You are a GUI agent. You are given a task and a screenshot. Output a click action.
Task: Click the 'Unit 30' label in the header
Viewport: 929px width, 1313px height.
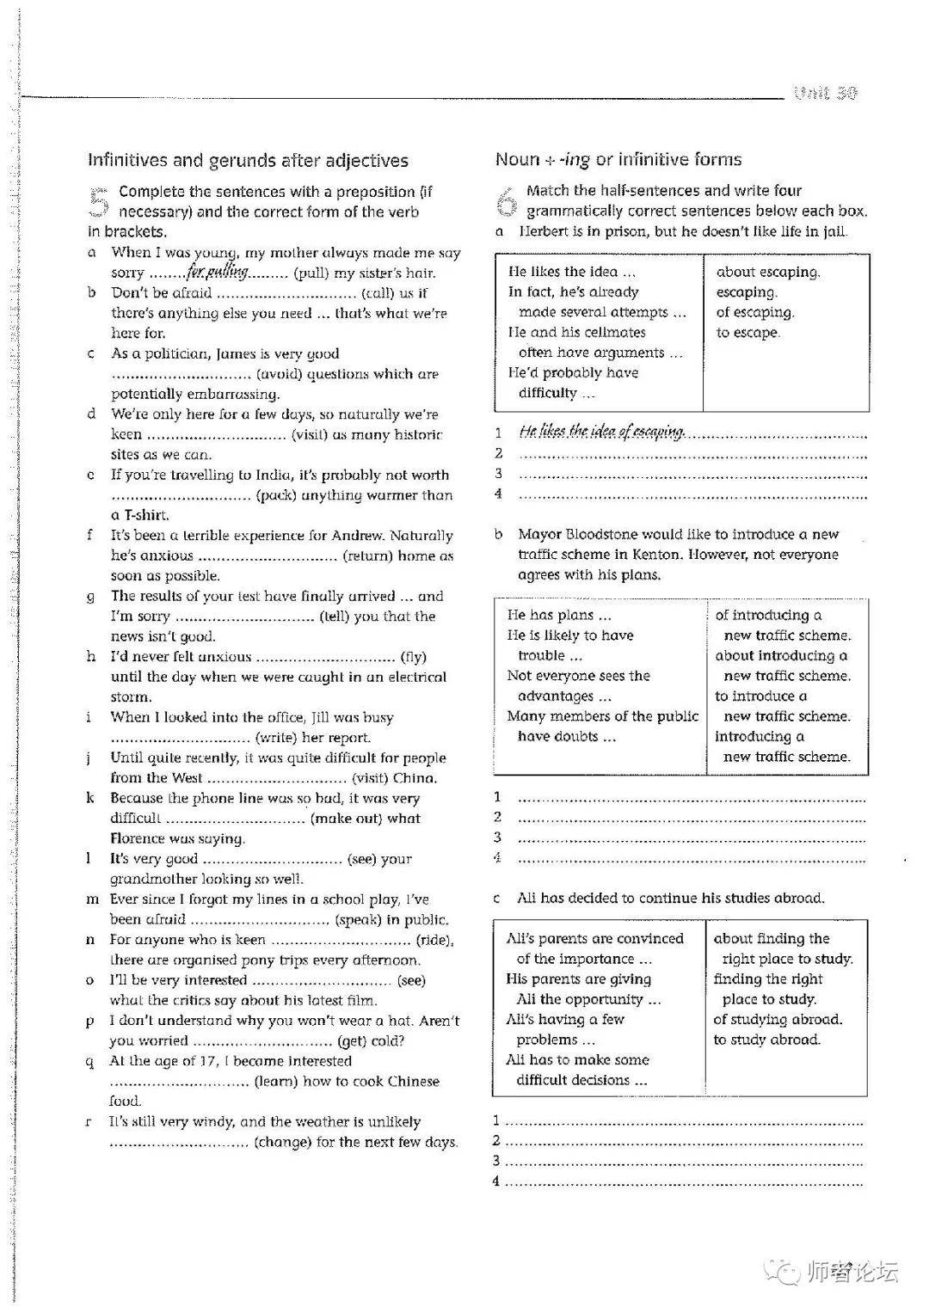[825, 93]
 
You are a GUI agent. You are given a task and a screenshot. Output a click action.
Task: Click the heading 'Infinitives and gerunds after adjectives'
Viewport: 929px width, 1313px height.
[248, 161]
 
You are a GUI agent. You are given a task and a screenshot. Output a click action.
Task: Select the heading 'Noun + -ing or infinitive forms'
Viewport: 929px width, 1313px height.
[618, 159]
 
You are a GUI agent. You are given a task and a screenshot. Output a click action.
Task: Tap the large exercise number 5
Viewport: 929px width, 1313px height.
[99, 202]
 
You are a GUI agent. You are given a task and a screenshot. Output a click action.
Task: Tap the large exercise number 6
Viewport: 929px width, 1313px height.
[507, 201]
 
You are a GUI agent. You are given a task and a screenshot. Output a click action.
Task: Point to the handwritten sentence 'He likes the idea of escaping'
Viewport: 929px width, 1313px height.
[601, 432]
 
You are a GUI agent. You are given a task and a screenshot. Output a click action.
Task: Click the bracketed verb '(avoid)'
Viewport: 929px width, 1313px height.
[278, 374]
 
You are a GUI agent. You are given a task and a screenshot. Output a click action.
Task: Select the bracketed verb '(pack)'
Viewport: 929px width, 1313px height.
[277, 495]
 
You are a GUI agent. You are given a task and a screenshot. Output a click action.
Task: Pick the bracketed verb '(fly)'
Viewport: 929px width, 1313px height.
[414, 657]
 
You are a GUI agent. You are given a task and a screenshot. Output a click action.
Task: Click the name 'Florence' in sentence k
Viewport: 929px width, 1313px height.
[142, 838]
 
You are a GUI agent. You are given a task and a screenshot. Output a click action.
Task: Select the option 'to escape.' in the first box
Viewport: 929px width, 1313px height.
[748, 333]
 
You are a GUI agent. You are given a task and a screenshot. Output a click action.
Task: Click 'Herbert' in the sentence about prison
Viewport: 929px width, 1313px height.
[547, 231]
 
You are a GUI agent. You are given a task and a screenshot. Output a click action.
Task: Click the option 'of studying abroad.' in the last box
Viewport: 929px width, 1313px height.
[778, 1020]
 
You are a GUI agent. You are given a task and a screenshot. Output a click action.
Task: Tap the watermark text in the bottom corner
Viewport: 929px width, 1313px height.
[852, 1272]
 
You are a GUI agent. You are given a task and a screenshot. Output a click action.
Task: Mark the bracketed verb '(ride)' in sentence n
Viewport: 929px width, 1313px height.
[434, 940]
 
